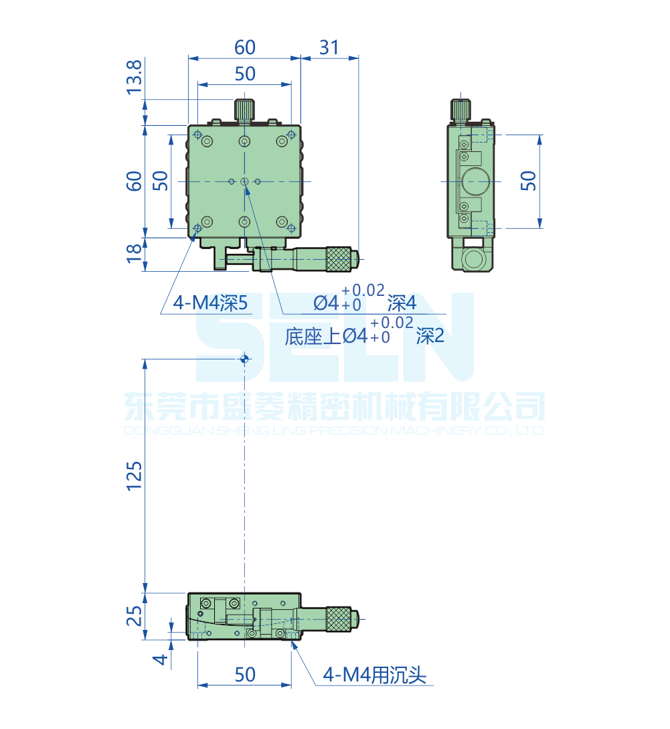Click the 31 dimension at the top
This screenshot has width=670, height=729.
pyautogui.click(x=329, y=48)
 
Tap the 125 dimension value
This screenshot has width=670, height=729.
pyautogui.click(x=135, y=475)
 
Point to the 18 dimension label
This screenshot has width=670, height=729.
pyautogui.click(x=135, y=252)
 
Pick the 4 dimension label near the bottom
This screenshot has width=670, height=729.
pyautogui.click(x=159, y=659)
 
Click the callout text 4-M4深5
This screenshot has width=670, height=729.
pyautogui.click(x=211, y=304)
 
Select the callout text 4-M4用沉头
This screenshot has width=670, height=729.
pyautogui.click(x=374, y=675)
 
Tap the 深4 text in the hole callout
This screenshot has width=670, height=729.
pyautogui.click(x=402, y=304)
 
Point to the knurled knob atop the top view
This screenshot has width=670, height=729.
pyautogui.click(x=245, y=109)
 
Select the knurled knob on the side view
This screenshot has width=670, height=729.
pyautogui.click(x=460, y=109)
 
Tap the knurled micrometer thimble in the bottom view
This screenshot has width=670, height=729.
pyautogui.click(x=339, y=619)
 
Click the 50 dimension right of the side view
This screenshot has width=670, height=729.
pyautogui.click(x=529, y=181)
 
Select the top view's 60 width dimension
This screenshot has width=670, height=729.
pyautogui.click(x=245, y=48)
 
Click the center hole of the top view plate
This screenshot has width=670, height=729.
pyautogui.click(x=245, y=181)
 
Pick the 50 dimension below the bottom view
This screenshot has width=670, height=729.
pyautogui.click(x=245, y=675)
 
